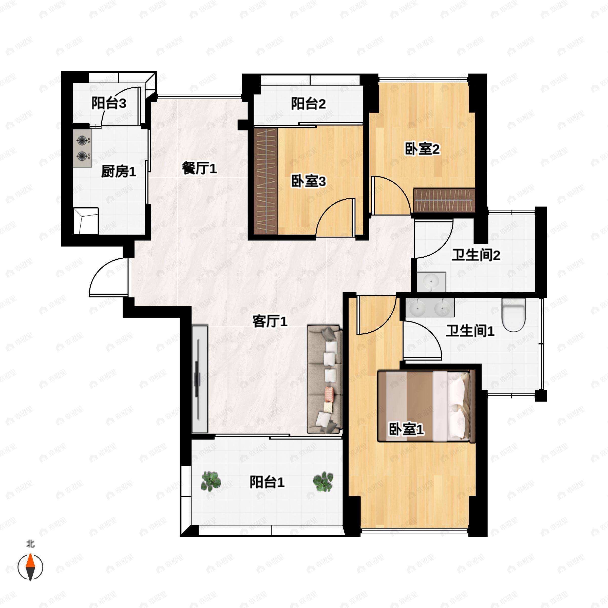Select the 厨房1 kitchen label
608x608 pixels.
pyautogui.click(x=119, y=172)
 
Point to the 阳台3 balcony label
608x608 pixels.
pyautogui.click(x=109, y=103)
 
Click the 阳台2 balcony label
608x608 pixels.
pyautogui.click(x=308, y=104)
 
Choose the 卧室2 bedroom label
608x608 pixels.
pyautogui.click(x=422, y=149)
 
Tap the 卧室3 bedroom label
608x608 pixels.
pyautogui.click(x=308, y=182)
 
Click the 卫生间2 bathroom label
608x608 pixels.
pyautogui.click(x=476, y=255)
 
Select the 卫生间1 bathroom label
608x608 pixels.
pyautogui.click(x=470, y=331)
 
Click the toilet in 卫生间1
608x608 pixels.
pyautogui.click(x=514, y=314)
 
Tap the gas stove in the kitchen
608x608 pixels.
pyautogui.click(x=82, y=148)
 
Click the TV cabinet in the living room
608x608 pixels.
pyautogui.click(x=200, y=379)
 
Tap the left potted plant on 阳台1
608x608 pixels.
pyautogui.click(x=211, y=482)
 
